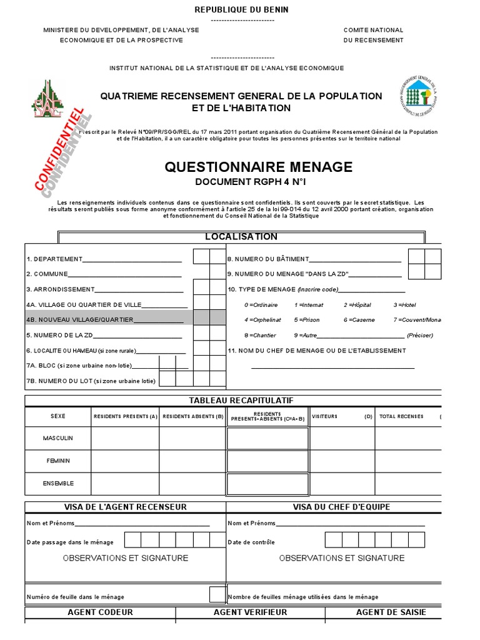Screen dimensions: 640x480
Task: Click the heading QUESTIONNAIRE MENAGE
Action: coord(258,167)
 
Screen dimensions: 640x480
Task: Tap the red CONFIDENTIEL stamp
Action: coord(59,152)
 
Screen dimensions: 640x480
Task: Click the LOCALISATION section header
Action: coord(241,237)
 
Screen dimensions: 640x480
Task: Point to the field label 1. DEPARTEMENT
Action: coord(54,259)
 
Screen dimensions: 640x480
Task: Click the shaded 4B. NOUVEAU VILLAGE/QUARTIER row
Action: coord(106,319)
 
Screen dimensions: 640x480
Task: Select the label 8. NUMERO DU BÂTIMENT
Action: coord(267,259)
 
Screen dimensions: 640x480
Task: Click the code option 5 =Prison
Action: coord(306,319)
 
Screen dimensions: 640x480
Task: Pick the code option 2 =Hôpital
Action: coord(357,304)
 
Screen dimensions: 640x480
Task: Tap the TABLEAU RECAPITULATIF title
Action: coord(241,400)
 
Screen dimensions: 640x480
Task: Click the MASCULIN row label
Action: coord(57,438)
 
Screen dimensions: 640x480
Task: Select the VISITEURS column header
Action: coord(324,416)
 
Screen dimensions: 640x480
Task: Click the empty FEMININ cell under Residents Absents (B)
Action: coord(192,461)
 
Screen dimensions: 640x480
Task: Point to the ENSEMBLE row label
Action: coord(57,483)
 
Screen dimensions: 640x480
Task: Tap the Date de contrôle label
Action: coord(251,542)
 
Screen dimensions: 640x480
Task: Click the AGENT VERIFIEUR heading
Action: coord(250,612)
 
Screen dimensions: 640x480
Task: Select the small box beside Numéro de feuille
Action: coord(217,594)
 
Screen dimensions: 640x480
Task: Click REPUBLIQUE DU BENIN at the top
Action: coord(242,10)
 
